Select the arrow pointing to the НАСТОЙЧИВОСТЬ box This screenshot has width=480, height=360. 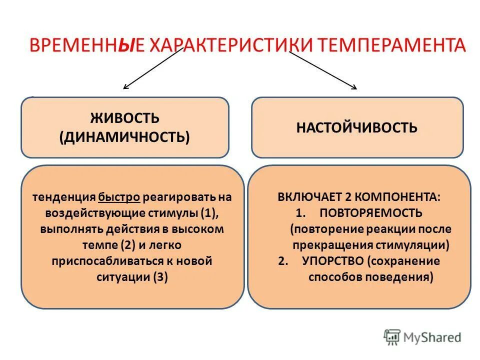click(322, 70)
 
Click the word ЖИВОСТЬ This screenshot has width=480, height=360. click(124, 119)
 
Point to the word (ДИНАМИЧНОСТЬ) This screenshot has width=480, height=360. click(124, 136)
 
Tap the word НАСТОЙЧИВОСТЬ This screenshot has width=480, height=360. click(356, 127)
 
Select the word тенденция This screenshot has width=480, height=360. click(64, 197)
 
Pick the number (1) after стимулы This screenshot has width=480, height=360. click(209, 213)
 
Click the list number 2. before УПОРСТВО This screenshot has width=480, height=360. click(283, 261)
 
